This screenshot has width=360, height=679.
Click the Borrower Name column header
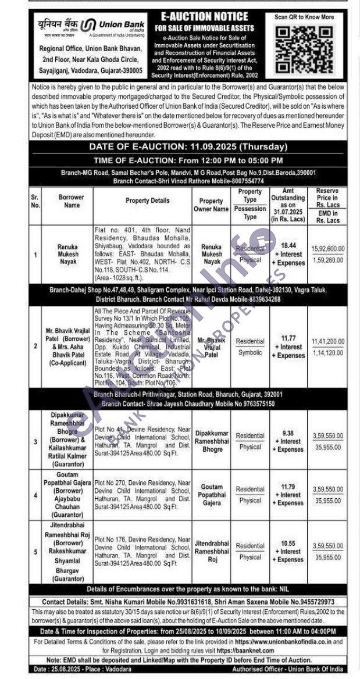click(72, 201)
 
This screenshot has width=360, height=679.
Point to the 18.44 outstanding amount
click(290, 246)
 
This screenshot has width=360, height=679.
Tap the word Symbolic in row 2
click(250, 352)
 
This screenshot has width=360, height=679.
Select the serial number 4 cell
click(35, 495)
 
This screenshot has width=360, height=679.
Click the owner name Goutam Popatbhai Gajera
click(212, 494)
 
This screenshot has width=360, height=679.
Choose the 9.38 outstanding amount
click(290, 433)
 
